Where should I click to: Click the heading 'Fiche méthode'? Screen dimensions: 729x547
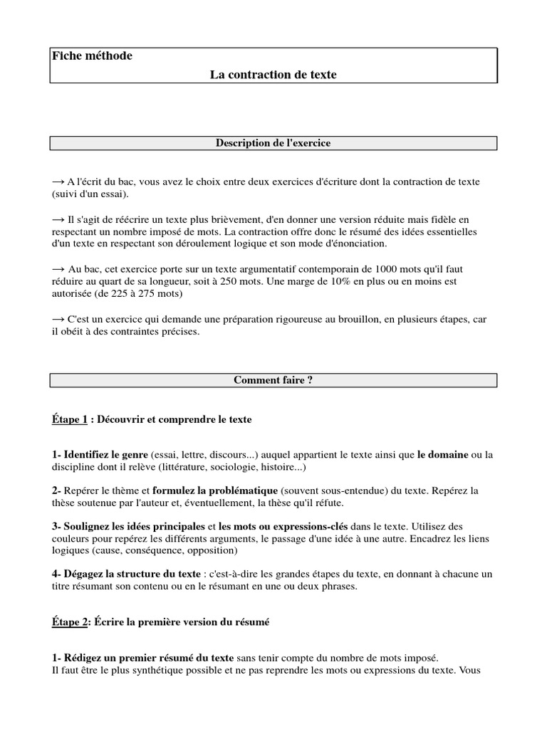pyautogui.click(x=92, y=56)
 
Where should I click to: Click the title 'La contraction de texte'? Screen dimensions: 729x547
pyautogui.click(x=273, y=74)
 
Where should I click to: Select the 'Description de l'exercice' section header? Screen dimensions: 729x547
pyautogui.click(x=273, y=143)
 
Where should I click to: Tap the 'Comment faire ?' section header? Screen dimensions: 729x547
pyautogui.click(x=273, y=380)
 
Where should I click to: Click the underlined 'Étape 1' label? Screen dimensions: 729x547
pyautogui.click(x=69, y=420)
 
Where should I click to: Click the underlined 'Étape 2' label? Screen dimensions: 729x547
pyautogui.click(x=69, y=622)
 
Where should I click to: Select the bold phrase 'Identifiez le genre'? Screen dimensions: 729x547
pyautogui.click(x=105, y=454)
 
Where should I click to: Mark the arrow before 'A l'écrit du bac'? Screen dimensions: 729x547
pyautogui.click(x=58, y=182)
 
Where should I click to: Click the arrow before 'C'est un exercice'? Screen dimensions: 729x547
pyautogui.click(x=58, y=320)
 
